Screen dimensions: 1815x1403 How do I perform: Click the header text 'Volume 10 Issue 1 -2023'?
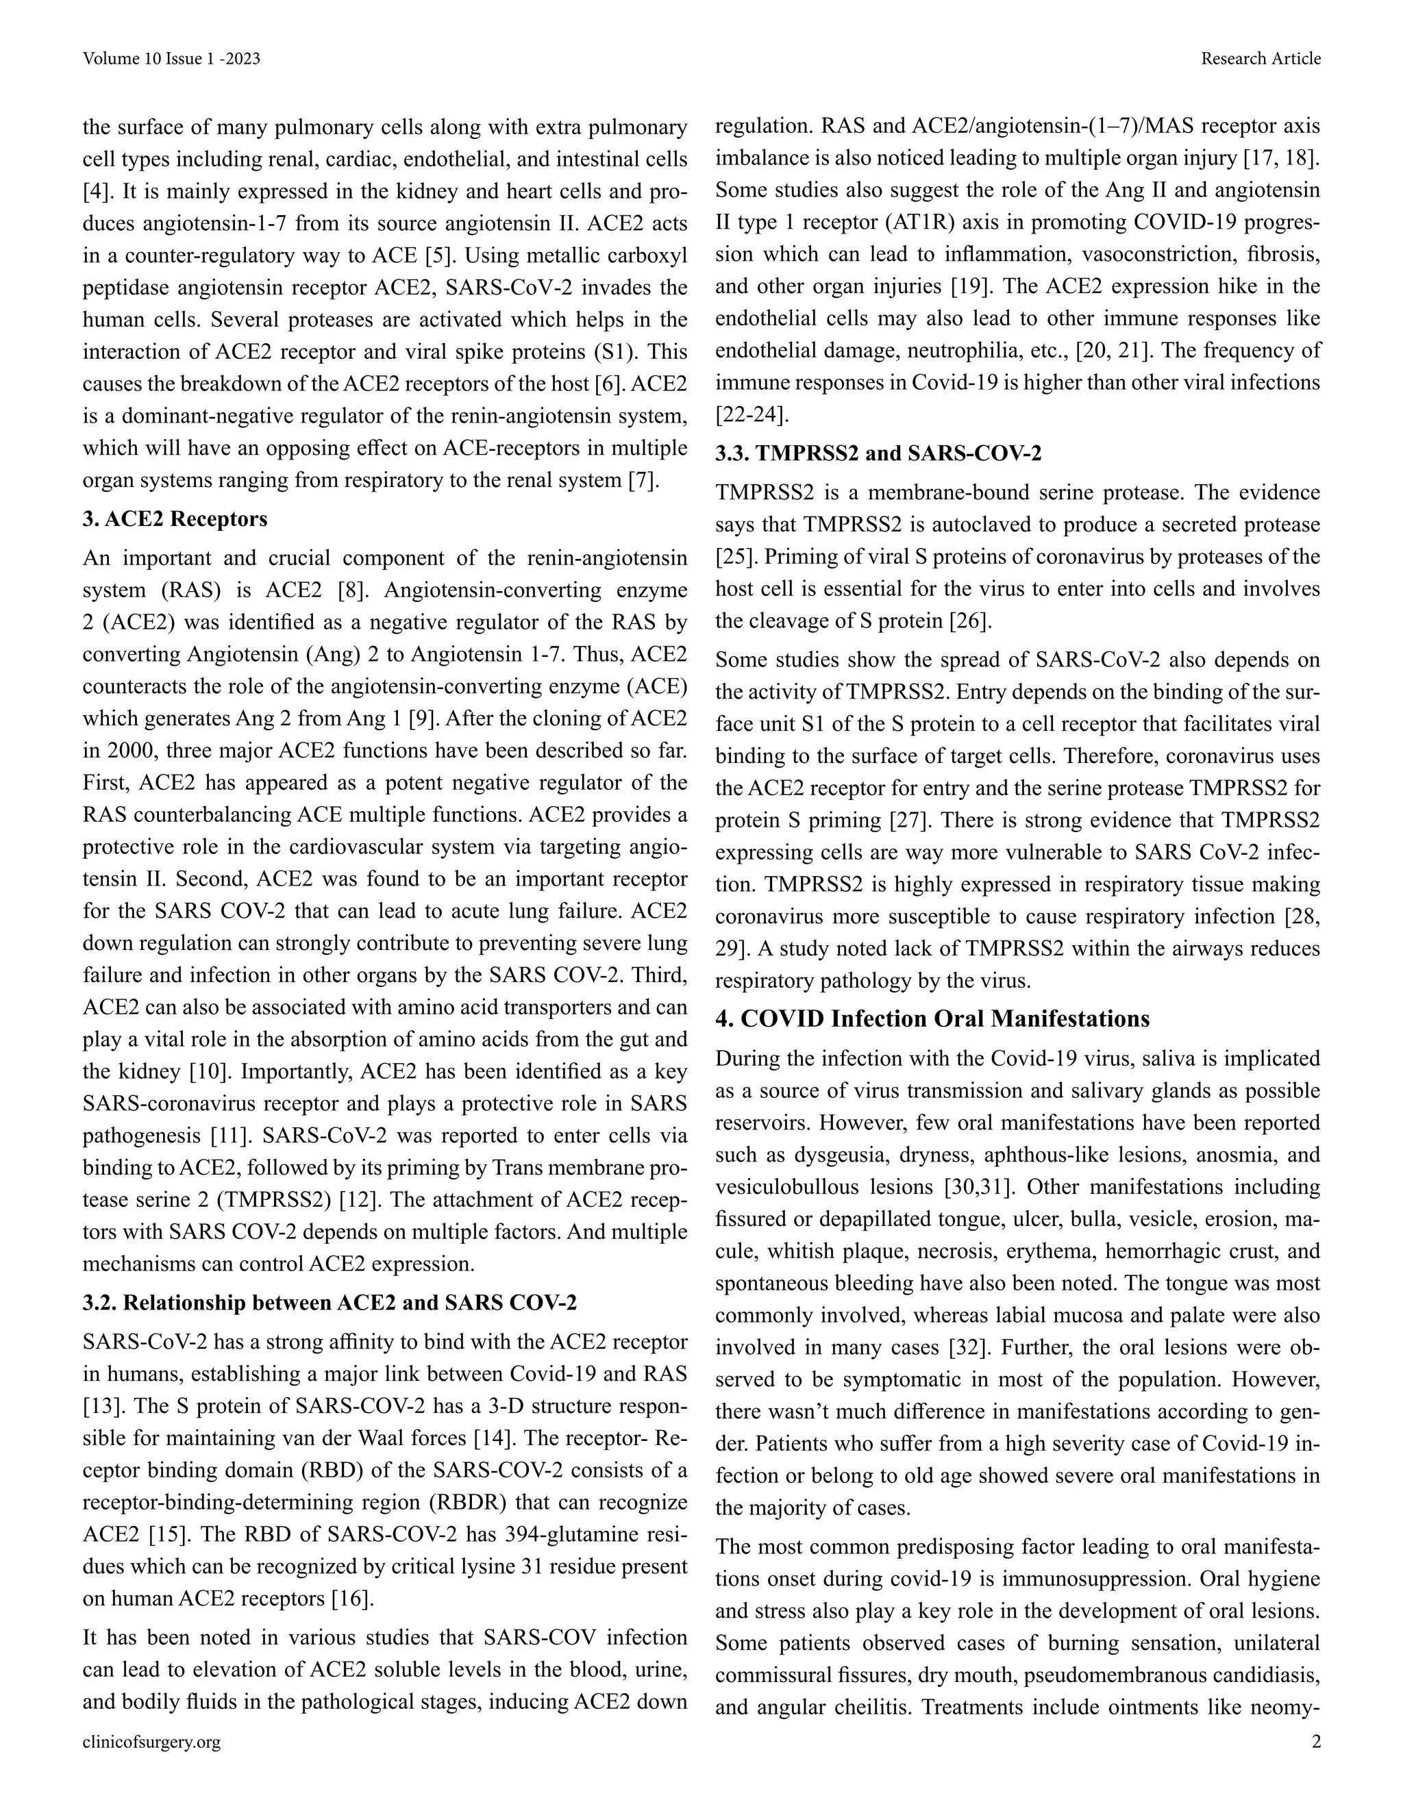[171, 58]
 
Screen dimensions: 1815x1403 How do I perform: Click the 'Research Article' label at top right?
[1260, 58]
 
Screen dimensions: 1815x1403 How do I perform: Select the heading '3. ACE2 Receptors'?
[175, 519]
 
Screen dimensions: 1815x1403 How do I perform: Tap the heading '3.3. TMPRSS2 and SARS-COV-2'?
[878, 453]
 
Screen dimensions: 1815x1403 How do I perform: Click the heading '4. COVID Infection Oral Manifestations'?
[932, 1019]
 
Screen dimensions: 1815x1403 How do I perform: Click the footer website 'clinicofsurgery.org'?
[152, 1742]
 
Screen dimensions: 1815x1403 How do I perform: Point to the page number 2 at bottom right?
[1315, 1742]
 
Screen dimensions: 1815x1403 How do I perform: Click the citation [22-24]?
[752, 414]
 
